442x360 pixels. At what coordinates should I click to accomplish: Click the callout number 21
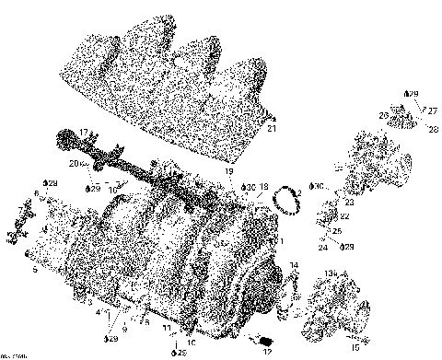click(272, 129)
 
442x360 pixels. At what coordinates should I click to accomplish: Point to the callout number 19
click(229, 173)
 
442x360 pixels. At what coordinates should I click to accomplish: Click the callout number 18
click(263, 187)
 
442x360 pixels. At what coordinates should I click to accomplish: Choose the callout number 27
click(432, 110)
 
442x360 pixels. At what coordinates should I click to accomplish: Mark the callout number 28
click(433, 129)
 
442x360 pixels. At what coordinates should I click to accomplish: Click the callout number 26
click(384, 115)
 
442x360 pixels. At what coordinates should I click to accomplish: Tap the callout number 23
click(350, 203)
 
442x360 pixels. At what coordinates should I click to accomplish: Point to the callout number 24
click(324, 248)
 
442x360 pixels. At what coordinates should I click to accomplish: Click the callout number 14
click(294, 266)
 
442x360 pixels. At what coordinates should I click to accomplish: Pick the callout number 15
click(355, 348)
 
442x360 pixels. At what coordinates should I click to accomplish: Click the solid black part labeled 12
click(261, 339)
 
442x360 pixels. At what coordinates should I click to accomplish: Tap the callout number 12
click(267, 352)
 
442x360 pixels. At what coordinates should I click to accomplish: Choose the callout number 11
click(166, 328)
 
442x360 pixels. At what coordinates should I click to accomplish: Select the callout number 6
click(37, 192)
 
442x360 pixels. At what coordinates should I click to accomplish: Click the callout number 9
click(124, 329)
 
